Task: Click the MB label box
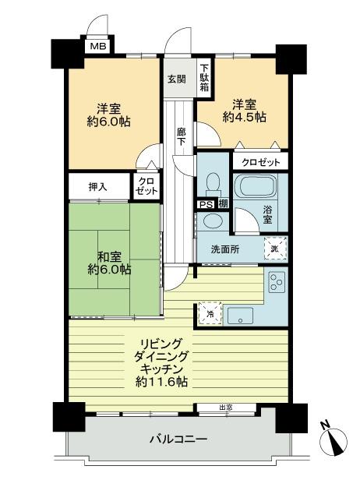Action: (98, 47)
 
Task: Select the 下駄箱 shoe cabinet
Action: (203, 78)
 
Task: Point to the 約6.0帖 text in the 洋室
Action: (108, 122)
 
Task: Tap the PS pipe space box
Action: (205, 204)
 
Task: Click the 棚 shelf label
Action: (222, 204)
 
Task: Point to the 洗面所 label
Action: (225, 249)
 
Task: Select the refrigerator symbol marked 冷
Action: (209, 313)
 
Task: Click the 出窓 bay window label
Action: (225, 407)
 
